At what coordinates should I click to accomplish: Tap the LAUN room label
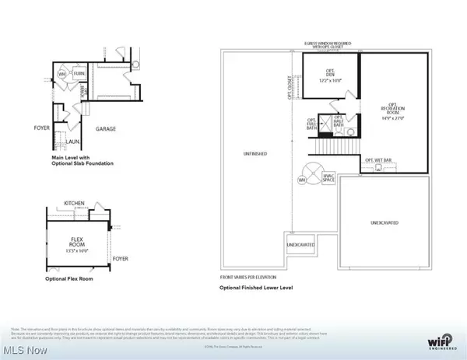click(x=69, y=142)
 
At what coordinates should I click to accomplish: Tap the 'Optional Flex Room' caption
click(x=72, y=278)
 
